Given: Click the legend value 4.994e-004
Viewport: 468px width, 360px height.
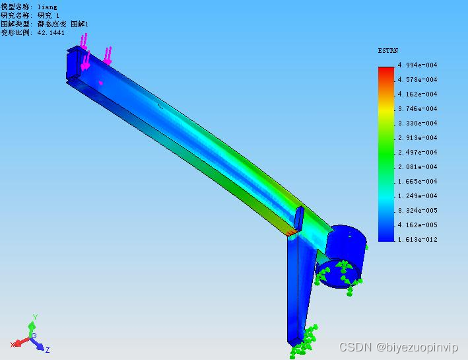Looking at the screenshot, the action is click(x=418, y=65).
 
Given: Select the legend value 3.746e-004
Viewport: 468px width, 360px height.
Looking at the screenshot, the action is click(x=418, y=109).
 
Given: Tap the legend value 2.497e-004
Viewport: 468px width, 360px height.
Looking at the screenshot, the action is click(x=418, y=153).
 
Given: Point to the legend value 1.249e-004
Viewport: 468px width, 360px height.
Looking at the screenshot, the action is click(x=418, y=196).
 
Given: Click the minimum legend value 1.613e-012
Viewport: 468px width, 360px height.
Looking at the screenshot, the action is click(x=418, y=240).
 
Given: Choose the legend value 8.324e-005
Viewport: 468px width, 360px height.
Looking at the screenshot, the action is click(x=418, y=211).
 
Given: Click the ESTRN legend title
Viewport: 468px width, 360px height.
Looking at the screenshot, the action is click(x=387, y=51).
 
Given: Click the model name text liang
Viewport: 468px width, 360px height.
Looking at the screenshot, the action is click(x=47, y=7).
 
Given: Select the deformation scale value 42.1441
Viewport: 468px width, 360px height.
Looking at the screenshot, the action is click(x=51, y=32).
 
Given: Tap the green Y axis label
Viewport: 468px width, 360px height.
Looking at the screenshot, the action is click(x=35, y=317).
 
